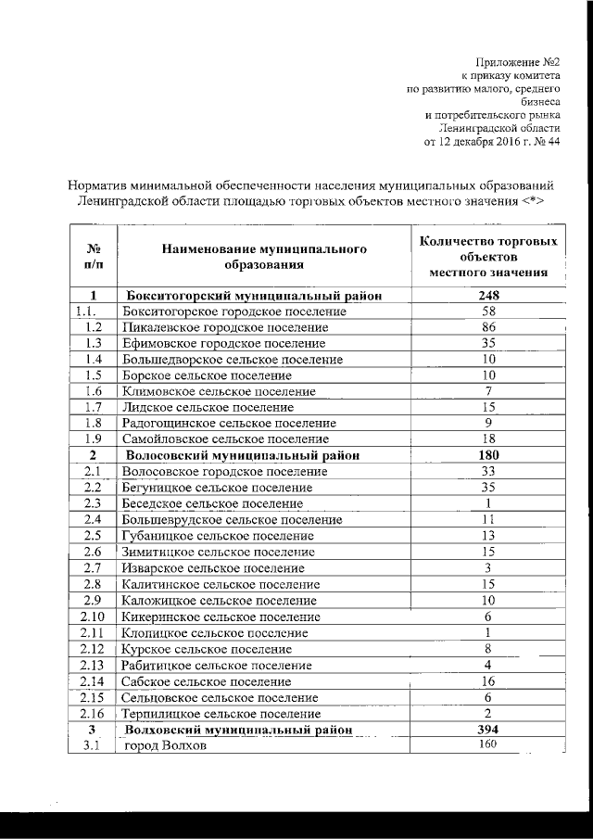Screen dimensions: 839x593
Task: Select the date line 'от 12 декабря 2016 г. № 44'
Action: click(x=492, y=142)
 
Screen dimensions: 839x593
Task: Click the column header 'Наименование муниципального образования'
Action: click(x=258, y=257)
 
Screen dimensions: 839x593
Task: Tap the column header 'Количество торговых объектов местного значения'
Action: click(x=488, y=257)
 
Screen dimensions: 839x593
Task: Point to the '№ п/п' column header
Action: click(x=93, y=257)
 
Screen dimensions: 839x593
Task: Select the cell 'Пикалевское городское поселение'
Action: click(x=225, y=327)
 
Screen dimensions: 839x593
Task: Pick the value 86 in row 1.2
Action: click(x=488, y=327)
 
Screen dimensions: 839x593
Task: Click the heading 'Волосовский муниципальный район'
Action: click(x=242, y=455)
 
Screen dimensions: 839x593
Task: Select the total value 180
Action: click(x=488, y=455)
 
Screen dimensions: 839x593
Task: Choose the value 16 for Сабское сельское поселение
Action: click(x=488, y=680)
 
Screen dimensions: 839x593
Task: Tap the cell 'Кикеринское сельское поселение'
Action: click(x=218, y=617)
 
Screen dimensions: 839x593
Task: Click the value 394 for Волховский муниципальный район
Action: click(x=488, y=730)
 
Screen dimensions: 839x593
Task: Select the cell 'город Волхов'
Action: click(x=165, y=746)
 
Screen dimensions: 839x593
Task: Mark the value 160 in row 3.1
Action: click(x=488, y=745)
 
